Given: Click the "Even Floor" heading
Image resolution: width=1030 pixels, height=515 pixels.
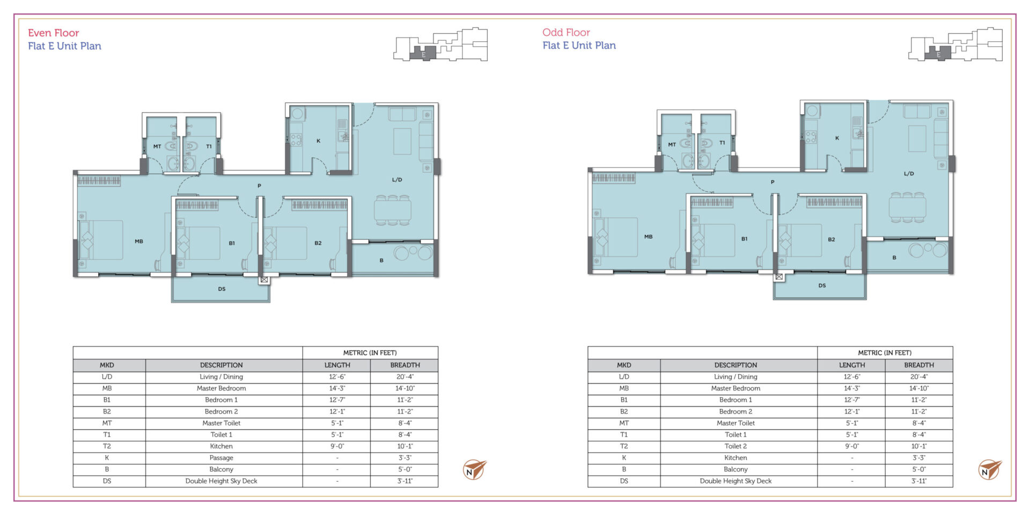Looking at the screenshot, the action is (x=54, y=33).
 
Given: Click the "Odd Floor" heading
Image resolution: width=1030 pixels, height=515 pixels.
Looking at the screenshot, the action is (x=566, y=32).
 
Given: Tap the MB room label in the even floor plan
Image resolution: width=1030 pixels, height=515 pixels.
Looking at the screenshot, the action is (x=139, y=241).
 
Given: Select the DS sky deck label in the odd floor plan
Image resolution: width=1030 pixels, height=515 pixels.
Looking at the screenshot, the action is (x=822, y=285).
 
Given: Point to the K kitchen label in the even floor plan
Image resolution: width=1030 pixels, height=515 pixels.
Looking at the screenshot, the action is (x=318, y=141).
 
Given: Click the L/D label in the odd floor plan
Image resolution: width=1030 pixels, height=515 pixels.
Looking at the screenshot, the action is (x=909, y=174).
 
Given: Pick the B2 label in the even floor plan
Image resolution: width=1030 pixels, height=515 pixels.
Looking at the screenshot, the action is (x=318, y=243).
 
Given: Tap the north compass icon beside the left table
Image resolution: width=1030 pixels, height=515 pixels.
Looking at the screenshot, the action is (x=474, y=469).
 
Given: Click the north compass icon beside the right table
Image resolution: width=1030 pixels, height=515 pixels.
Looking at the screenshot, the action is (x=989, y=469).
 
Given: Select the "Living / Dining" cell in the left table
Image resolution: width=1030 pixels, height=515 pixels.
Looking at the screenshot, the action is (x=221, y=377).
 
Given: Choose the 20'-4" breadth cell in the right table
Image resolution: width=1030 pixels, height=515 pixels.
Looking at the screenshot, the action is (x=918, y=377).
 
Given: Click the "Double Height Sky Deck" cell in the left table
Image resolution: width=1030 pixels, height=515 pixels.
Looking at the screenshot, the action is (x=221, y=481).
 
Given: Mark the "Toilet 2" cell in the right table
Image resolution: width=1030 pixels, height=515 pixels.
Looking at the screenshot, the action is (x=735, y=446).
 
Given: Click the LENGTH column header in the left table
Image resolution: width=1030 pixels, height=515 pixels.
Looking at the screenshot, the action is (x=337, y=365).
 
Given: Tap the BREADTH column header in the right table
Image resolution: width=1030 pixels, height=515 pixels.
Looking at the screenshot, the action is (x=918, y=365).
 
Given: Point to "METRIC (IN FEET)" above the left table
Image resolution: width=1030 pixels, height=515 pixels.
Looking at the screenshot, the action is (x=370, y=352).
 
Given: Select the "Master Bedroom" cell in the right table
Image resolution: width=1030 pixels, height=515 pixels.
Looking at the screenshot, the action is (x=735, y=388).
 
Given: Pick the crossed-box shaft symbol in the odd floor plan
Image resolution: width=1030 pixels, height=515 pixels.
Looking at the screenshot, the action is (x=778, y=277).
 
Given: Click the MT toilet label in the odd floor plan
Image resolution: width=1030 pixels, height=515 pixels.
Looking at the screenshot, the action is (x=672, y=144).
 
